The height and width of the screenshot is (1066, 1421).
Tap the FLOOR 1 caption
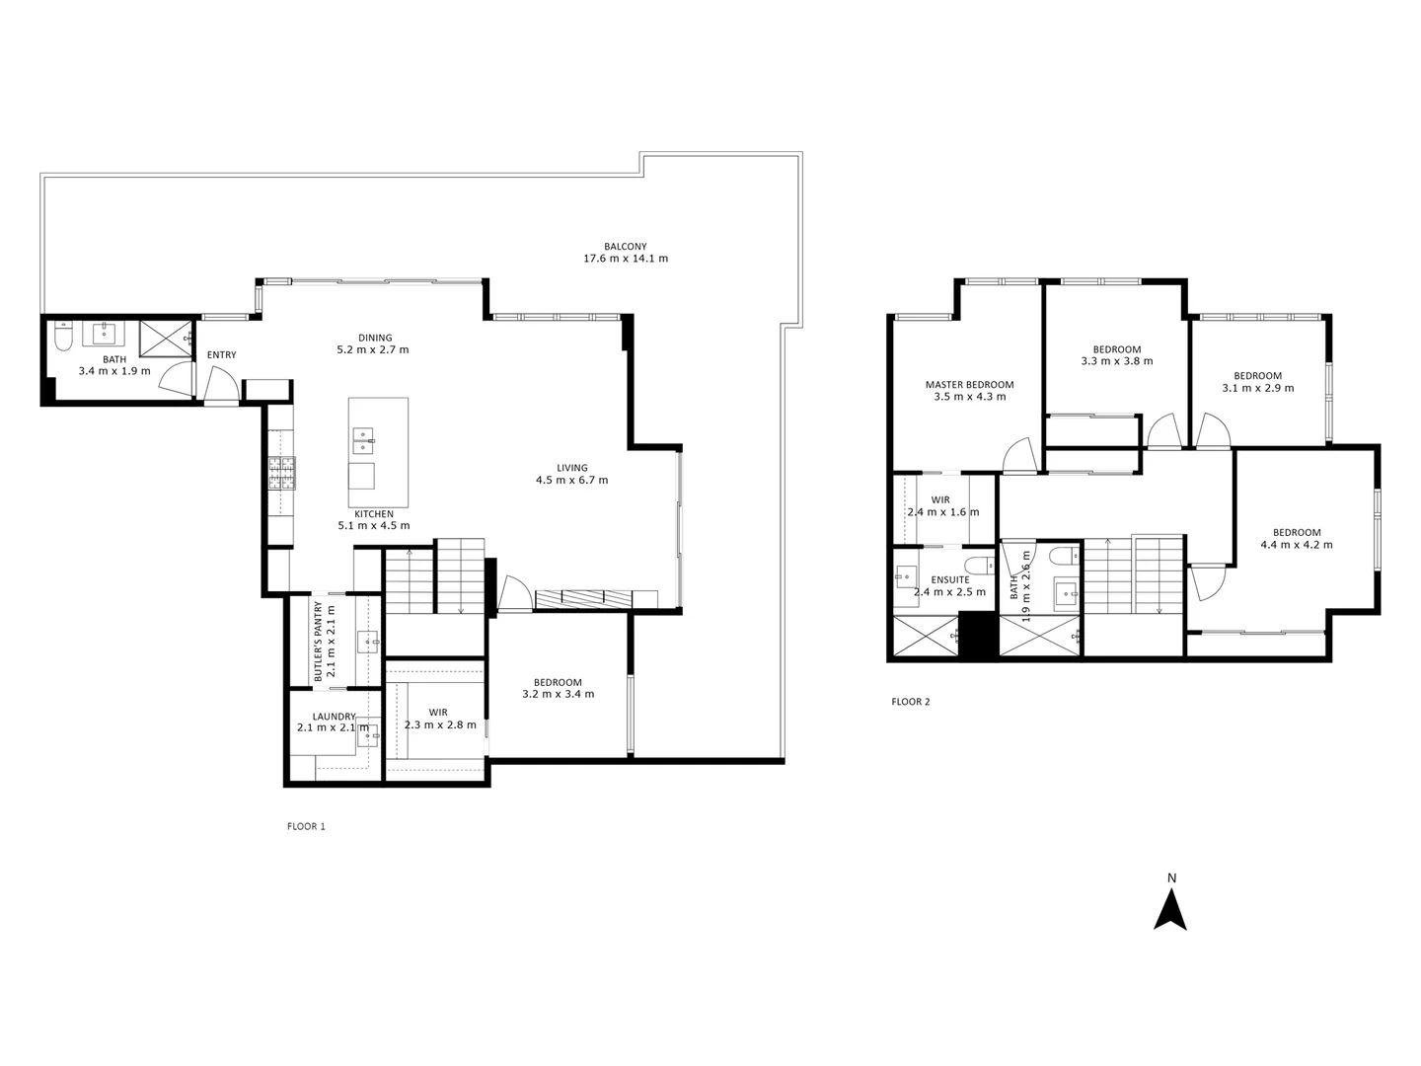(x=305, y=826)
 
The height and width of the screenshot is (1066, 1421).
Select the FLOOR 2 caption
(x=911, y=702)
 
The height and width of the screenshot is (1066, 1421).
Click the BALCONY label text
(x=626, y=246)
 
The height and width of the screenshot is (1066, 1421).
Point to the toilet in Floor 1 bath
(x=62, y=338)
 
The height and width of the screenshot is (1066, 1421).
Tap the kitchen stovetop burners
(x=281, y=474)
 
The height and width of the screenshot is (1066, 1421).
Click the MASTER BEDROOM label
(x=969, y=385)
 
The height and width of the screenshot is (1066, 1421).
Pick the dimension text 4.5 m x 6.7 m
(x=571, y=481)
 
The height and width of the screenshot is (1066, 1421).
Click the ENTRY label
(x=221, y=355)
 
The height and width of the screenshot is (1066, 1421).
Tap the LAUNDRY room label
(x=334, y=717)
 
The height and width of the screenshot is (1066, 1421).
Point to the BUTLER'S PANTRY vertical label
(x=319, y=643)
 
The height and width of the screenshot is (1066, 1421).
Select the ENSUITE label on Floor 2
(x=949, y=579)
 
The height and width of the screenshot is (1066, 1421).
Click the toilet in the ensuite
(x=977, y=566)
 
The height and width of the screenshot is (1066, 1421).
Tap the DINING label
(x=375, y=338)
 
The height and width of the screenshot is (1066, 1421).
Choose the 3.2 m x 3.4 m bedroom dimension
(x=558, y=694)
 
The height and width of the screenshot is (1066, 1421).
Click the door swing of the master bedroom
(x=1016, y=456)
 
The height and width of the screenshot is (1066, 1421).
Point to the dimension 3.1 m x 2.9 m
(x=1257, y=388)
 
